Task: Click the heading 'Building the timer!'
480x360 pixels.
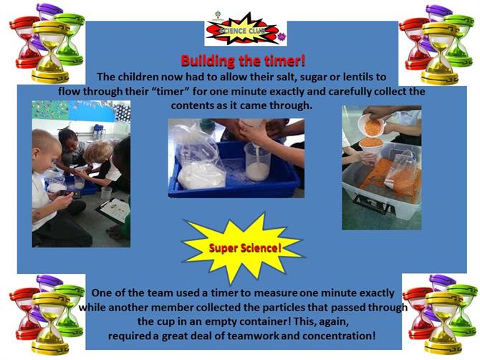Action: coord(243,61)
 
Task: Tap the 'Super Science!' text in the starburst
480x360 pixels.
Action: coord(245,248)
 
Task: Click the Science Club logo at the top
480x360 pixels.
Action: coord(246,29)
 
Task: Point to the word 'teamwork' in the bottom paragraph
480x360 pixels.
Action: coord(253,336)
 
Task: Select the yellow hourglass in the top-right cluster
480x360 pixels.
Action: coord(440,53)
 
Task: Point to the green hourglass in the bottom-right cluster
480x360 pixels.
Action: coord(461,310)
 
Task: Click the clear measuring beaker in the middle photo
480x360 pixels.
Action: coord(257,162)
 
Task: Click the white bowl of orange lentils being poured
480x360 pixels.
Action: coord(370,126)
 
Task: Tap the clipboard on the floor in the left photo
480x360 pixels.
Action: coord(114,210)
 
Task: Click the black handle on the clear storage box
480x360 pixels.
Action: coord(373,204)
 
